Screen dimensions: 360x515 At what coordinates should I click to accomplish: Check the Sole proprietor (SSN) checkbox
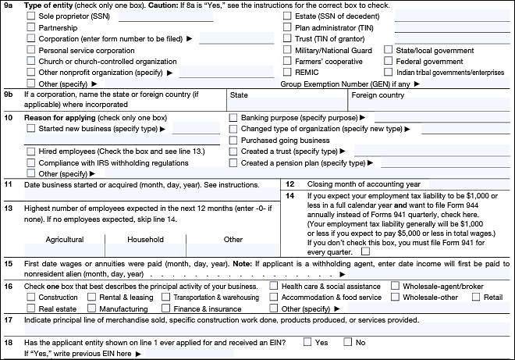coord(31,16)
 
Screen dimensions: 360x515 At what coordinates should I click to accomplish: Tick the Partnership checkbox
coord(31,27)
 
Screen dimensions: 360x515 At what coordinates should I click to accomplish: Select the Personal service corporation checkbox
coord(31,50)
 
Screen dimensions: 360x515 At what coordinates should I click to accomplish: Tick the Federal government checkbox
coord(389,62)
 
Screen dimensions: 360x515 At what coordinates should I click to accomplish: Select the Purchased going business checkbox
coord(233,141)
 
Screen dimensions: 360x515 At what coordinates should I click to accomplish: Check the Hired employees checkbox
coord(31,151)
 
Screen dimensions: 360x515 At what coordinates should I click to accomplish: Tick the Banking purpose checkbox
coord(233,118)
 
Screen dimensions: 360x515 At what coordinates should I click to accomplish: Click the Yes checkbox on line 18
coord(307,342)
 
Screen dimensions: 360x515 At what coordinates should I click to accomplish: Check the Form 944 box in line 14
coord(365,251)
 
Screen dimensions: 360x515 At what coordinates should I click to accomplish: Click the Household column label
coord(145,240)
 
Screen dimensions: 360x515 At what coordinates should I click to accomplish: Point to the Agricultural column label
coord(64,240)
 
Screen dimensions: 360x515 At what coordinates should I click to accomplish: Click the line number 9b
coord(9,96)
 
